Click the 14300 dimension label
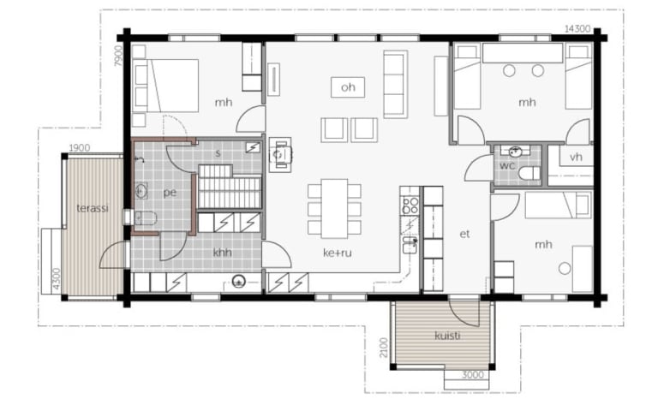coord(577,29)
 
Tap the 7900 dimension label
coord(119,56)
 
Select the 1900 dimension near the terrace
coord(80,148)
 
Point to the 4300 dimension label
coord(57,278)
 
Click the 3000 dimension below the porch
coord(473,375)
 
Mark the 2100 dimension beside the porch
coord(384,348)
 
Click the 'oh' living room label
coord(348,87)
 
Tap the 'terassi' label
coord(93,208)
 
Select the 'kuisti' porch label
coord(447,336)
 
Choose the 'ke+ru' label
coord(338,253)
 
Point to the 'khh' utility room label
coord(223,253)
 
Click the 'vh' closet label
coord(576,157)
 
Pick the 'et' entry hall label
coord(464,234)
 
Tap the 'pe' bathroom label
coord(170,193)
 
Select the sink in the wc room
coord(515,152)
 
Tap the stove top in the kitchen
coord(410,205)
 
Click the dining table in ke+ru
coord(334,208)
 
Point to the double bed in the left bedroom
coord(165,86)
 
